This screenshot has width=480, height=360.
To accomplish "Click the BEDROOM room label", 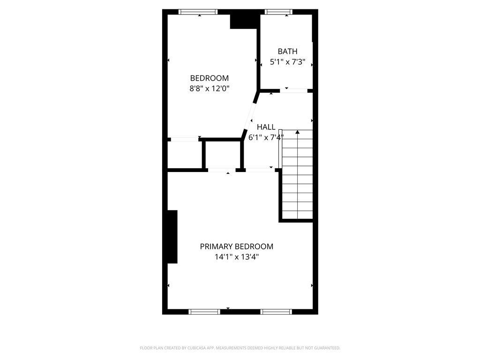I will [209, 78].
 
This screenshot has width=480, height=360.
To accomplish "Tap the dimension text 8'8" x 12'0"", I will [209, 88].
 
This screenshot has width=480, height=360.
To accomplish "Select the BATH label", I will [287, 52].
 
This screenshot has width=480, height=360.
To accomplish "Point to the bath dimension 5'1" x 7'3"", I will [287, 61].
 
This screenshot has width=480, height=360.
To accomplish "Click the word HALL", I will [266, 127].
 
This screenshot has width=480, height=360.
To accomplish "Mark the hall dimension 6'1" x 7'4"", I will [266, 137].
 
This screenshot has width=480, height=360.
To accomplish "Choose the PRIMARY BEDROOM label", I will [236, 247].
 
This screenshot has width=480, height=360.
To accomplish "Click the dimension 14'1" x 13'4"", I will [236, 257].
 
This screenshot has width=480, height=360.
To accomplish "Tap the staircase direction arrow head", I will [297, 132].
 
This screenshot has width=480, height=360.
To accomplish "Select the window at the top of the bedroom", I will [198, 12].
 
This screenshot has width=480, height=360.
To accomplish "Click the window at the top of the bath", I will [278, 12].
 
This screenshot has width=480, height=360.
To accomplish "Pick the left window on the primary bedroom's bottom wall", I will [204, 311].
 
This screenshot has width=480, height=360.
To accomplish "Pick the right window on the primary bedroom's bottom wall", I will [276, 311].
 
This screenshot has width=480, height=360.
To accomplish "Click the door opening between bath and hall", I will [293, 90].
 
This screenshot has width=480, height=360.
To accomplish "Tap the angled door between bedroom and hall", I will [249, 115].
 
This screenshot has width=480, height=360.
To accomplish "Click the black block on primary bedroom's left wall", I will [172, 237].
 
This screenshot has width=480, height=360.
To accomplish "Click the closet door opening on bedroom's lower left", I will [184, 139].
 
